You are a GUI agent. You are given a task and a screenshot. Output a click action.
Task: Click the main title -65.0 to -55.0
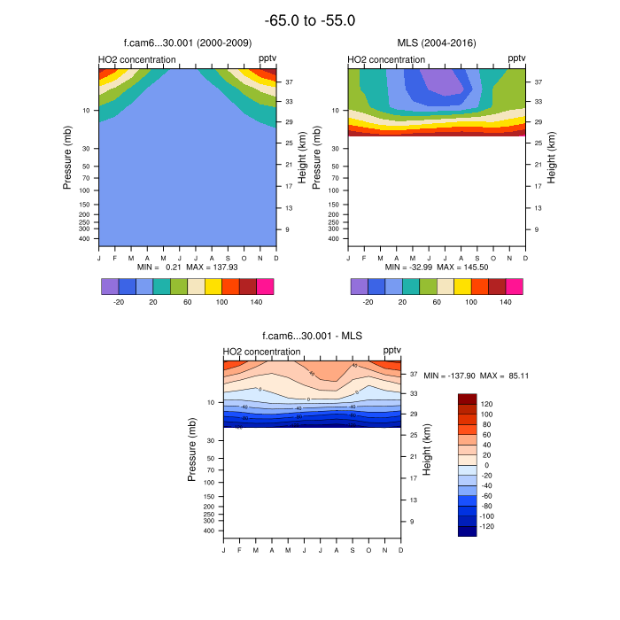click(x=310, y=19)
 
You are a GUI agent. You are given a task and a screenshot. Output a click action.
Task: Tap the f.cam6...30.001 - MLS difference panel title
click(x=312, y=336)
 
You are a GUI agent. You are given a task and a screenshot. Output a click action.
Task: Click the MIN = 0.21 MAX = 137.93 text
click(x=188, y=267)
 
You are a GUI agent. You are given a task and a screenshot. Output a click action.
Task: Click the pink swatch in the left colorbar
click(x=265, y=286)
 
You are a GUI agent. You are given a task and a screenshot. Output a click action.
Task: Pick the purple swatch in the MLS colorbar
click(x=359, y=286)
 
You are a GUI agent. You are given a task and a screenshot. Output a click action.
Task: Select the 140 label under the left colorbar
click(x=256, y=302)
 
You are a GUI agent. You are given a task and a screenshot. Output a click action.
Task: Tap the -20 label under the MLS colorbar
click(x=367, y=302)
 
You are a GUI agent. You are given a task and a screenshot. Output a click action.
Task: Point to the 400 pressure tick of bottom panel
click(x=211, y=531)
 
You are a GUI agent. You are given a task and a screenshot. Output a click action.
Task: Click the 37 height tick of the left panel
click(x=290, y=81)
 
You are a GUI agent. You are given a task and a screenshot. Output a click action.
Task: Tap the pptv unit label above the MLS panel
click(x=516, y=59)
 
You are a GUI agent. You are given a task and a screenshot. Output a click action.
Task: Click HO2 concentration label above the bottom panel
click(x=262, y=352)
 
